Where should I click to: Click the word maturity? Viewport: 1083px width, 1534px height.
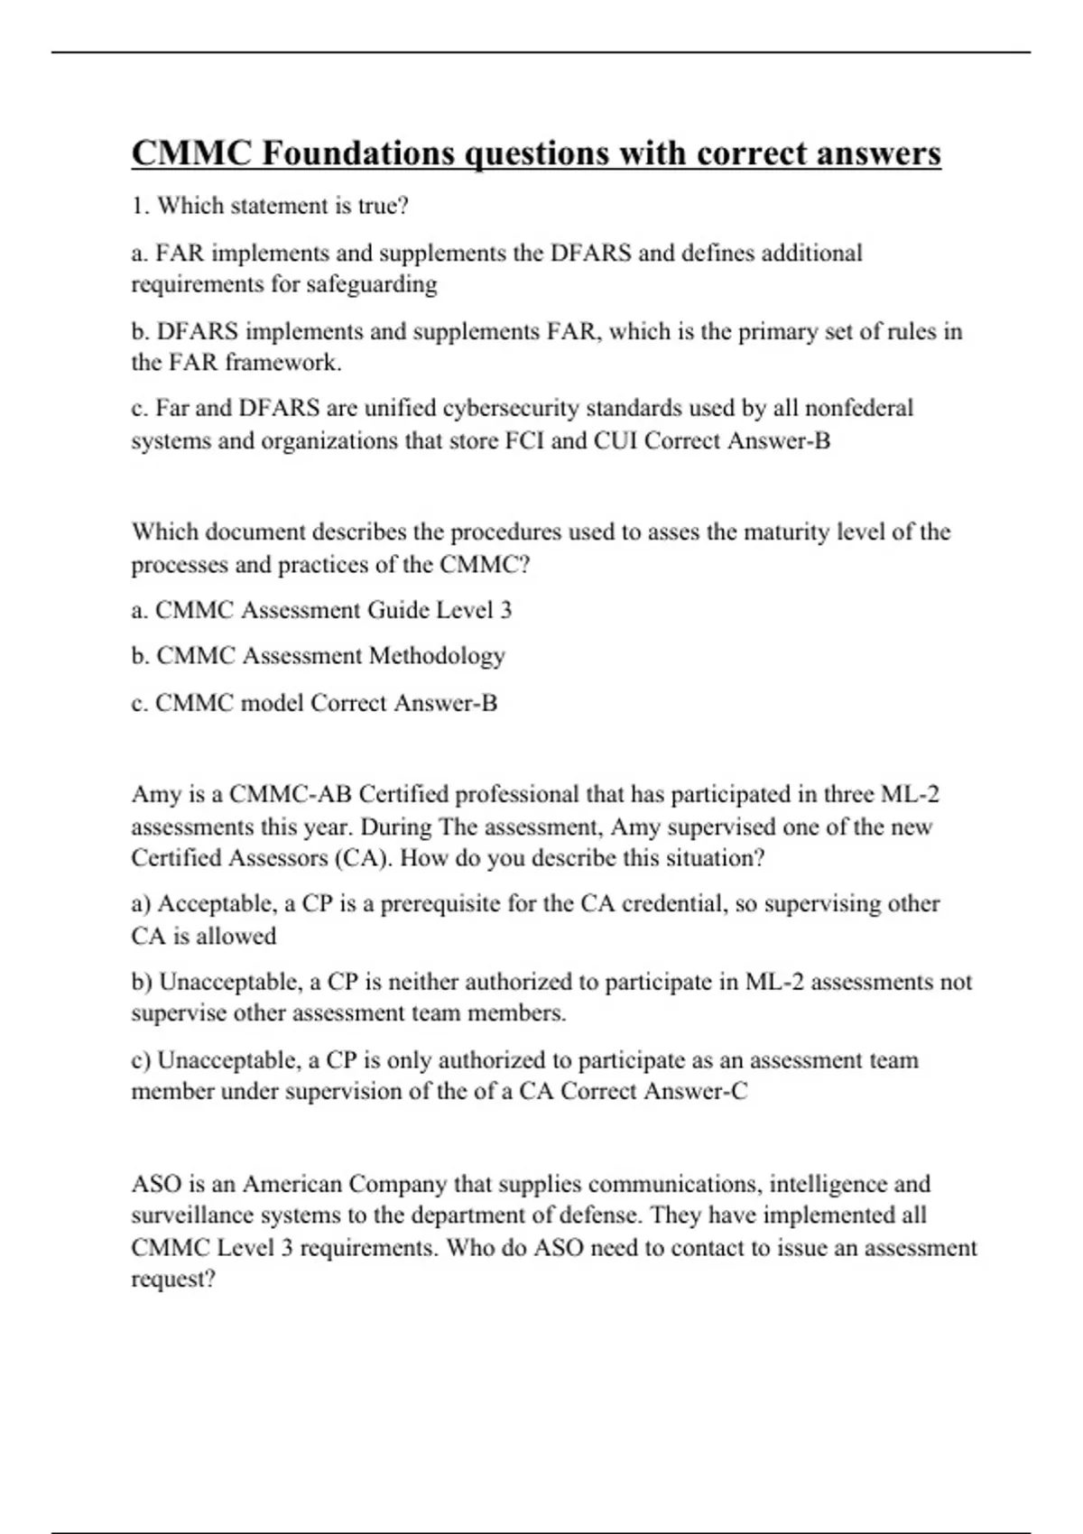click(x=783, y=532)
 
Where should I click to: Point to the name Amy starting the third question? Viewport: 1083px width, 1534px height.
click(x=156, y=795)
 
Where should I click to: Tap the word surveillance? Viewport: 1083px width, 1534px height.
click(x=190, y=1215)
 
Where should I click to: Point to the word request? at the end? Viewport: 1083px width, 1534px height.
click(x=173, y=1280)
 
